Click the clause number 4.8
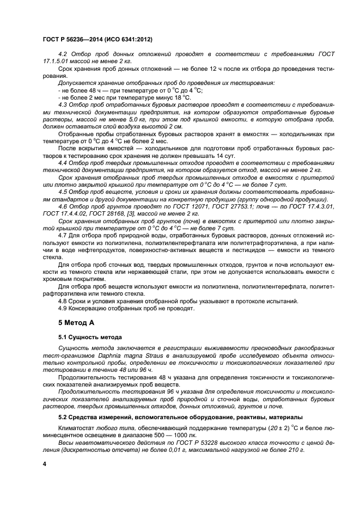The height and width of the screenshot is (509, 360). (63, 301)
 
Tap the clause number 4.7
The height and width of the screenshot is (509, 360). (63, 235)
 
